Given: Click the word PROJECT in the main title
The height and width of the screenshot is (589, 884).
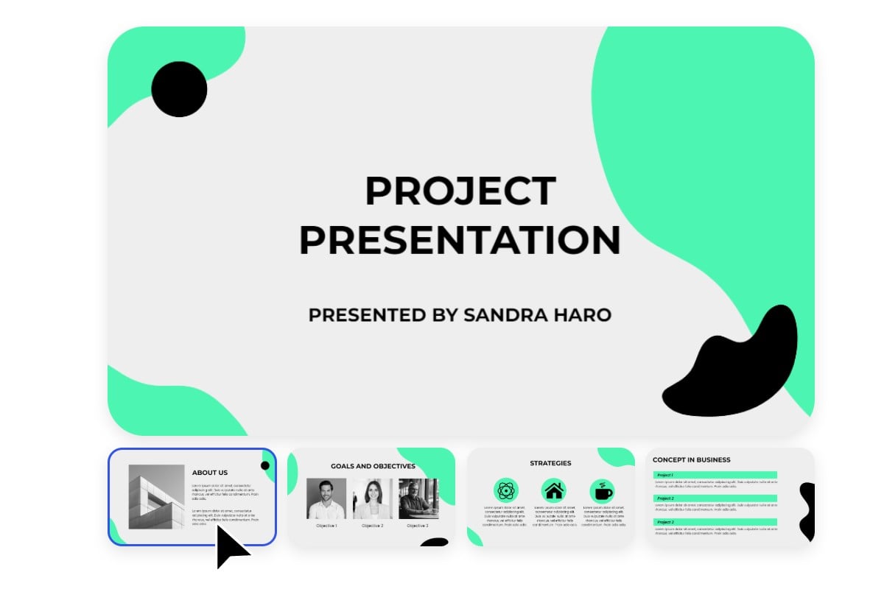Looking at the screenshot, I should pyautogui.click(x=460, y=191).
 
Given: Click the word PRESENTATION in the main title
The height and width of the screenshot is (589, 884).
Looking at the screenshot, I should pyautogui.click(x=460, y=240).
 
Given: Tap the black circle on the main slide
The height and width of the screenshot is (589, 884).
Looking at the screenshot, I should pyautogui.click(x=179, y=89).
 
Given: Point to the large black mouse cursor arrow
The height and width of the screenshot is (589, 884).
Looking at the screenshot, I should pyautogui.click(x=230, y=546).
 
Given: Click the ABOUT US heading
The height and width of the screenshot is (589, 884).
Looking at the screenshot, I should pyautogui.click(x=210, y=473).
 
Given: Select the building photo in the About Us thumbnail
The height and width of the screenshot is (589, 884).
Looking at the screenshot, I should pyautogui.click(x=156, y=496).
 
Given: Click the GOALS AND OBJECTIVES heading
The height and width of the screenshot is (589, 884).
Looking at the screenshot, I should pyautogui.click(x=373, y=466).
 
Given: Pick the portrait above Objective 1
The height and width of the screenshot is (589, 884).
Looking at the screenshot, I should pyautogui.click(x=326, y=499).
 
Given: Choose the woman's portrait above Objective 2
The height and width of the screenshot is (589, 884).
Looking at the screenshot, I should pyautogui.click(x=372, y=499).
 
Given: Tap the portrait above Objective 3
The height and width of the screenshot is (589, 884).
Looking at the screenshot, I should pyautogui.click(x=418, y=499).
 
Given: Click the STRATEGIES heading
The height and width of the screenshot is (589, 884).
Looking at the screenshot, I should pyautogui.click(x=550, y=463).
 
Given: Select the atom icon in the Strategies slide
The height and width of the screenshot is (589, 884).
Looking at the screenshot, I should pyautogui.click(x=506, y=490).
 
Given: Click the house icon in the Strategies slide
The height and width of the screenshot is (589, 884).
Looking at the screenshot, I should pyautogui.click(x=553, y=490).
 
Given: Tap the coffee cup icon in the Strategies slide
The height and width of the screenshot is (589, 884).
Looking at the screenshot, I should pyautogui.click(x=601, y=490).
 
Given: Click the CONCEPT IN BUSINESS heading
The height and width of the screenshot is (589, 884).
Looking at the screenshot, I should pyautogui.click(x=692, y=459).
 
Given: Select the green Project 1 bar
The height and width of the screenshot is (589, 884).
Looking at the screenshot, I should pyautogui.click(x=715, y=475).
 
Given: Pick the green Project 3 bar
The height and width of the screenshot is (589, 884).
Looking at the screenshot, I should pyautogui.click(x=715, y=522).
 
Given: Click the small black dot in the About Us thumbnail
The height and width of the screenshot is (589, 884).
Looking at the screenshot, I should pyautogui.click(x=265, y=465).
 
